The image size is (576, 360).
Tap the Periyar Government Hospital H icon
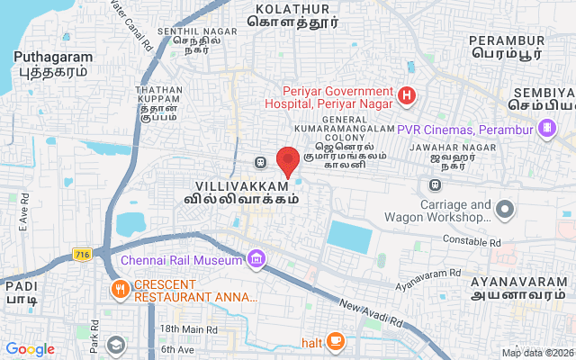pos(407,94)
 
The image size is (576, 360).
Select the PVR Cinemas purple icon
pos(545,128)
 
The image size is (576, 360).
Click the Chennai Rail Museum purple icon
pos(257,260)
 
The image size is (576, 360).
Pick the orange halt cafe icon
pos(335,341)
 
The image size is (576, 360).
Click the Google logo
pos(30,349)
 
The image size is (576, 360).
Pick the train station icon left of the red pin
pos(260,163)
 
